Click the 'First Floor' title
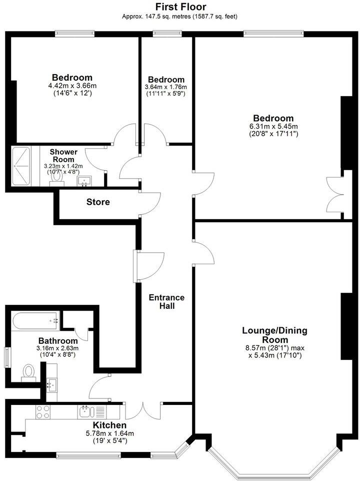180,7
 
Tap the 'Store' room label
98,202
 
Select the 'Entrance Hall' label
167,301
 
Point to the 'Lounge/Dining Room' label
274,335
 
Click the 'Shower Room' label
63,156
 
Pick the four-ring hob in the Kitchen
42,412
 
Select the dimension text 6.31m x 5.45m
273,126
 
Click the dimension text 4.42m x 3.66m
72,86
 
